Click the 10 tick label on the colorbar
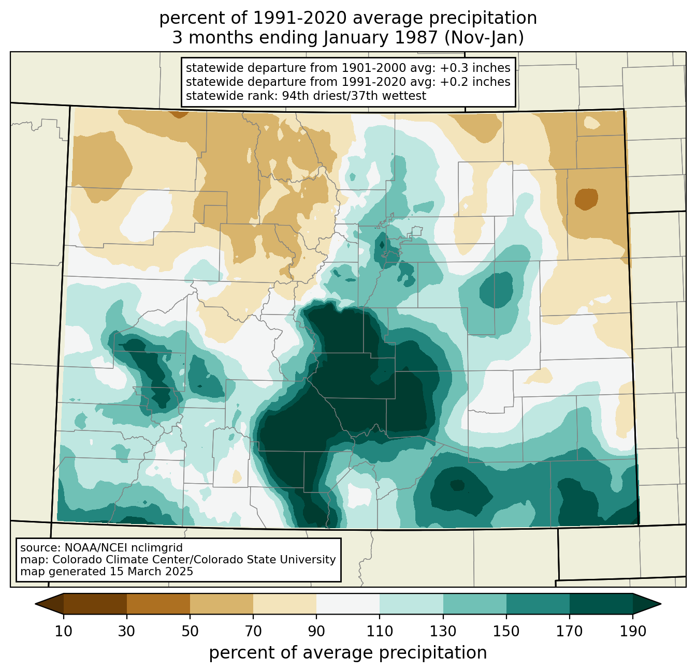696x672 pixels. [63, 631]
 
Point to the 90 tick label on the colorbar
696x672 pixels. [316, 631]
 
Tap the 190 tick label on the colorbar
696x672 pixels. [633, 631]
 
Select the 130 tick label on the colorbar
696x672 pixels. [443, 631]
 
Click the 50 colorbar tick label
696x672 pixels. [190, 631]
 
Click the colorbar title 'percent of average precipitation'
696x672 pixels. [347, 653]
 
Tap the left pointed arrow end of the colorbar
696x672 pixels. [49, 604]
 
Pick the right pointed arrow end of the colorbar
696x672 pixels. [647, 604]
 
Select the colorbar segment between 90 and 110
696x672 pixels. [348, 604]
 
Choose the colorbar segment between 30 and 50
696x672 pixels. [158, 604]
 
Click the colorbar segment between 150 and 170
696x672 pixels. [538, 604]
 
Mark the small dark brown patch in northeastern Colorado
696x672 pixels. [586, 199]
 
